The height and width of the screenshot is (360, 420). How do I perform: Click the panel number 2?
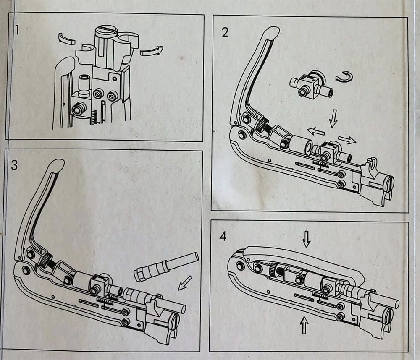[225, 32]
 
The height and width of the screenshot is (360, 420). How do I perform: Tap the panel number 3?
[15, 165]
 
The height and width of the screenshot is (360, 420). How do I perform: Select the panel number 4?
[223, 236]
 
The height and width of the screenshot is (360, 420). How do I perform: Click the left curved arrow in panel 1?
[66, 39]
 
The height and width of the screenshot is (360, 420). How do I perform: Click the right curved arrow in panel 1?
[151, 51]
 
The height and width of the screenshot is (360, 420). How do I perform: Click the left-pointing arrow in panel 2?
[315, 131]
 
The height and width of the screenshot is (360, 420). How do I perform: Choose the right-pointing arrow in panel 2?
[346, 140]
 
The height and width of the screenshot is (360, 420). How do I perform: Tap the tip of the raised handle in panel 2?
[272, 31]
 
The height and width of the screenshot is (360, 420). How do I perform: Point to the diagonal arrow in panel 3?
[184, 283]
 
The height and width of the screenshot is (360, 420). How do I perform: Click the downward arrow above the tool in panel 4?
[306, 240]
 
